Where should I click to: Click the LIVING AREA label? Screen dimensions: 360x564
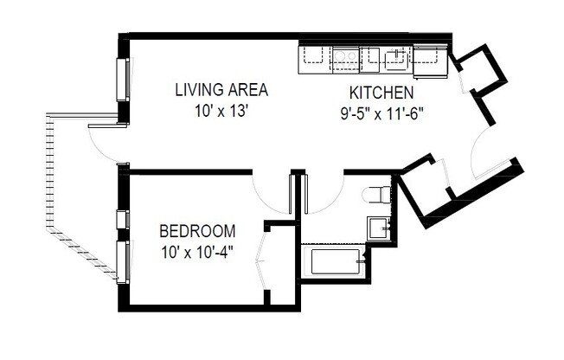pos(221,89)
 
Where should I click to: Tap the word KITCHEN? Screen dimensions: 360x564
pos(381,93)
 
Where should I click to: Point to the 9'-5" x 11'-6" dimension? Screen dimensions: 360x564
pos(381,112)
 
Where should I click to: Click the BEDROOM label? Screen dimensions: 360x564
pos(197,231)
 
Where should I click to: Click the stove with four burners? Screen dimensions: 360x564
pos(345,57)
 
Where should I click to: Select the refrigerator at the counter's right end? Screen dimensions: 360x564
pos(426,57)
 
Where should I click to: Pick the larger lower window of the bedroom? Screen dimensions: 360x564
pos(122,261)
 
